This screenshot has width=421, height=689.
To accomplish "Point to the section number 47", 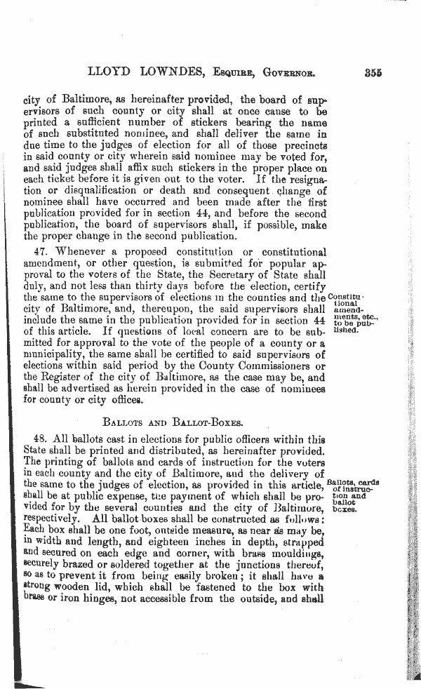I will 43,251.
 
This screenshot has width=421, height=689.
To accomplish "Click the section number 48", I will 43,439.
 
